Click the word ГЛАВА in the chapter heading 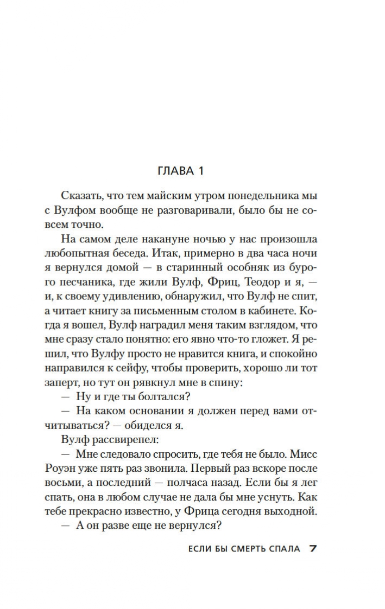pyautogui.click(x=175, y=171)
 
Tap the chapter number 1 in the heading pyautogui.click(x=200, y=171)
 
